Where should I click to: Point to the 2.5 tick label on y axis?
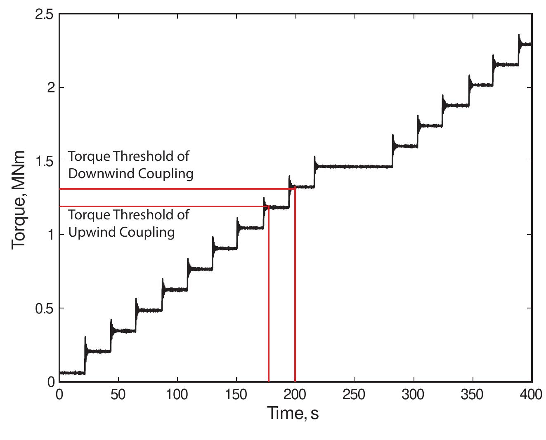(x=45, y=14)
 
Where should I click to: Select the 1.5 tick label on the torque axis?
(x=45, y=161)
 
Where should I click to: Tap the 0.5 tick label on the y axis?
(x=45, y=308)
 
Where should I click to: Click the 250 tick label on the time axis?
(x=354, y=395)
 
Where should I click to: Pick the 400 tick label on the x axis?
(x=531, y=395)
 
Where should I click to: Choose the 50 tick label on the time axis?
(x=118, y=395)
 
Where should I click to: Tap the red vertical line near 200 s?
(x=295, y=289)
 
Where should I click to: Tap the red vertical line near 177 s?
(x=269, y=297)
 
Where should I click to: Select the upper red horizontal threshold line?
(x=165, y=189)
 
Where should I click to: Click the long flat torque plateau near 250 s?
(x=354, y=167)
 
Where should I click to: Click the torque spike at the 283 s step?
(x=392, y=139)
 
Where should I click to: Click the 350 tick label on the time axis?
(x=472, y=395)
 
